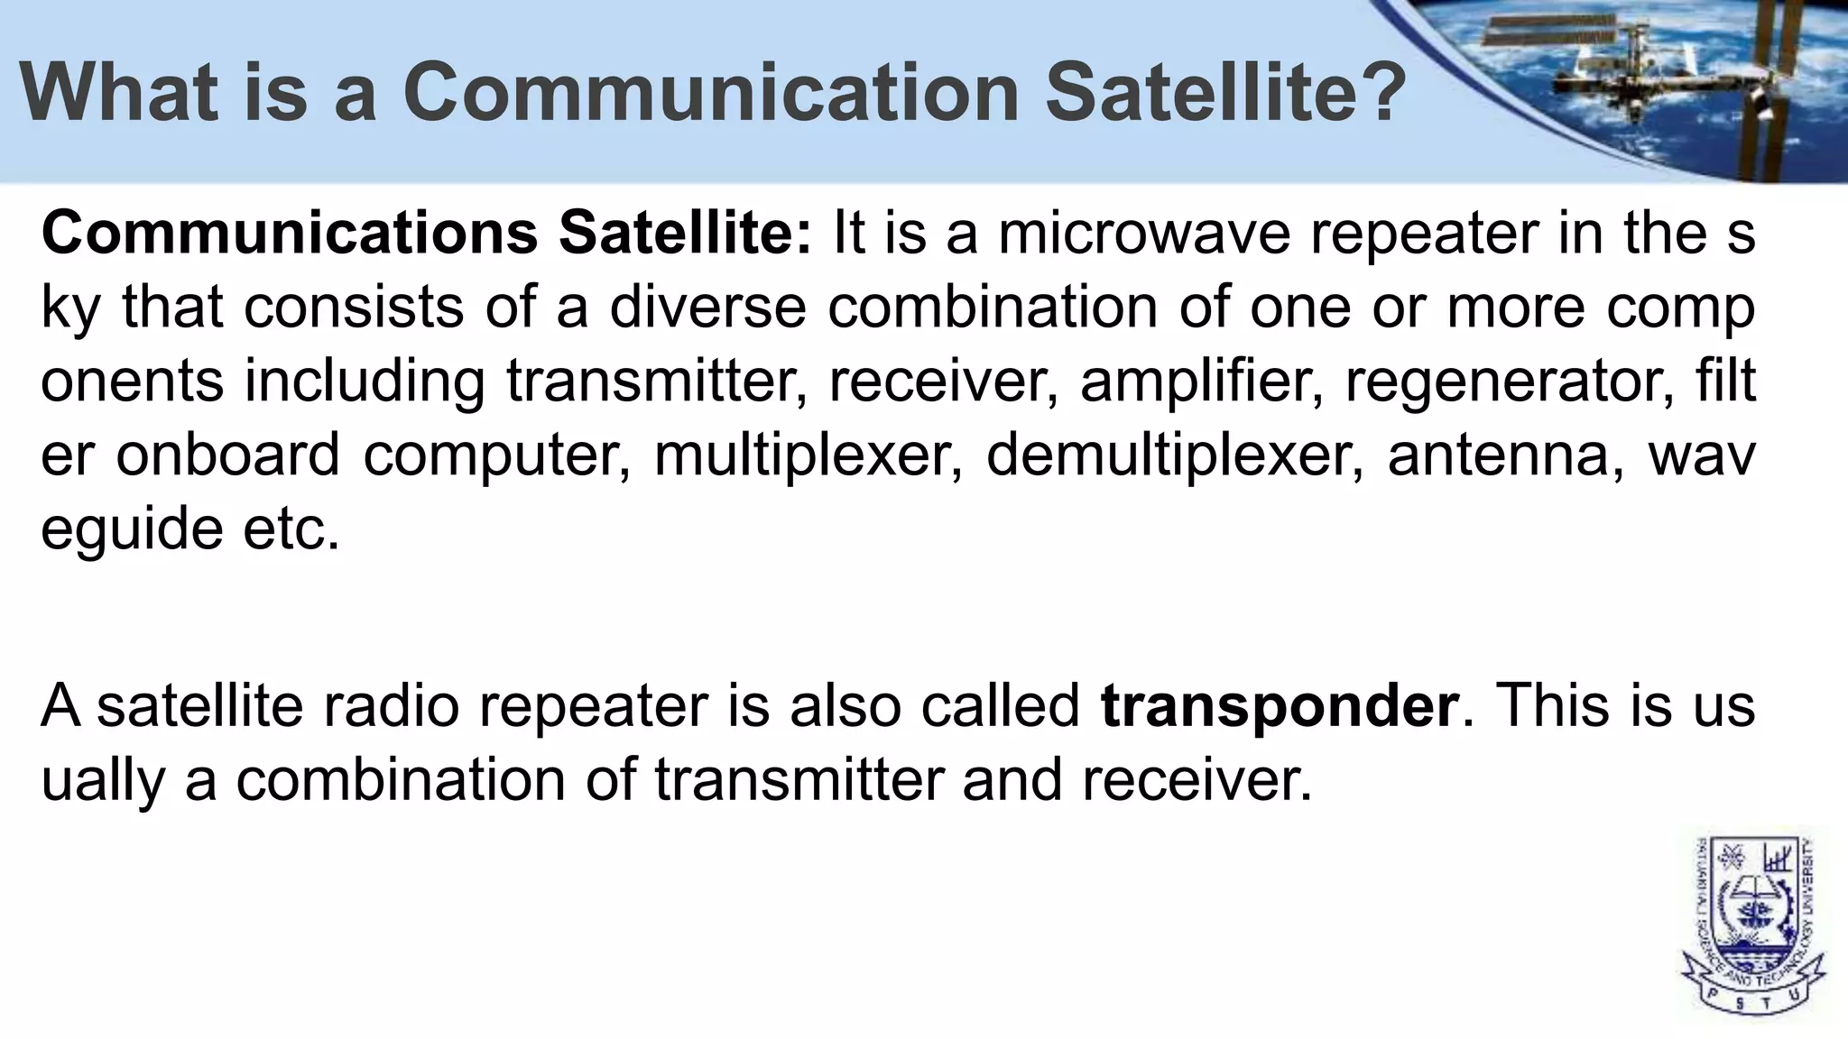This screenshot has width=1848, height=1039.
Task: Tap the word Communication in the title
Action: (x=711, y=92)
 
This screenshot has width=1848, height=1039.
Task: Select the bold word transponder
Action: (x=1280, y=705)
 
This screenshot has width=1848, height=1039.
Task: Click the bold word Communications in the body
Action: (x=290, y=233)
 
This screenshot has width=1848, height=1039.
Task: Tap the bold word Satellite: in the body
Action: (x=685, y=233)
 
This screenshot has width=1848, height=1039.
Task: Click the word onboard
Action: (x=228, y=455)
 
